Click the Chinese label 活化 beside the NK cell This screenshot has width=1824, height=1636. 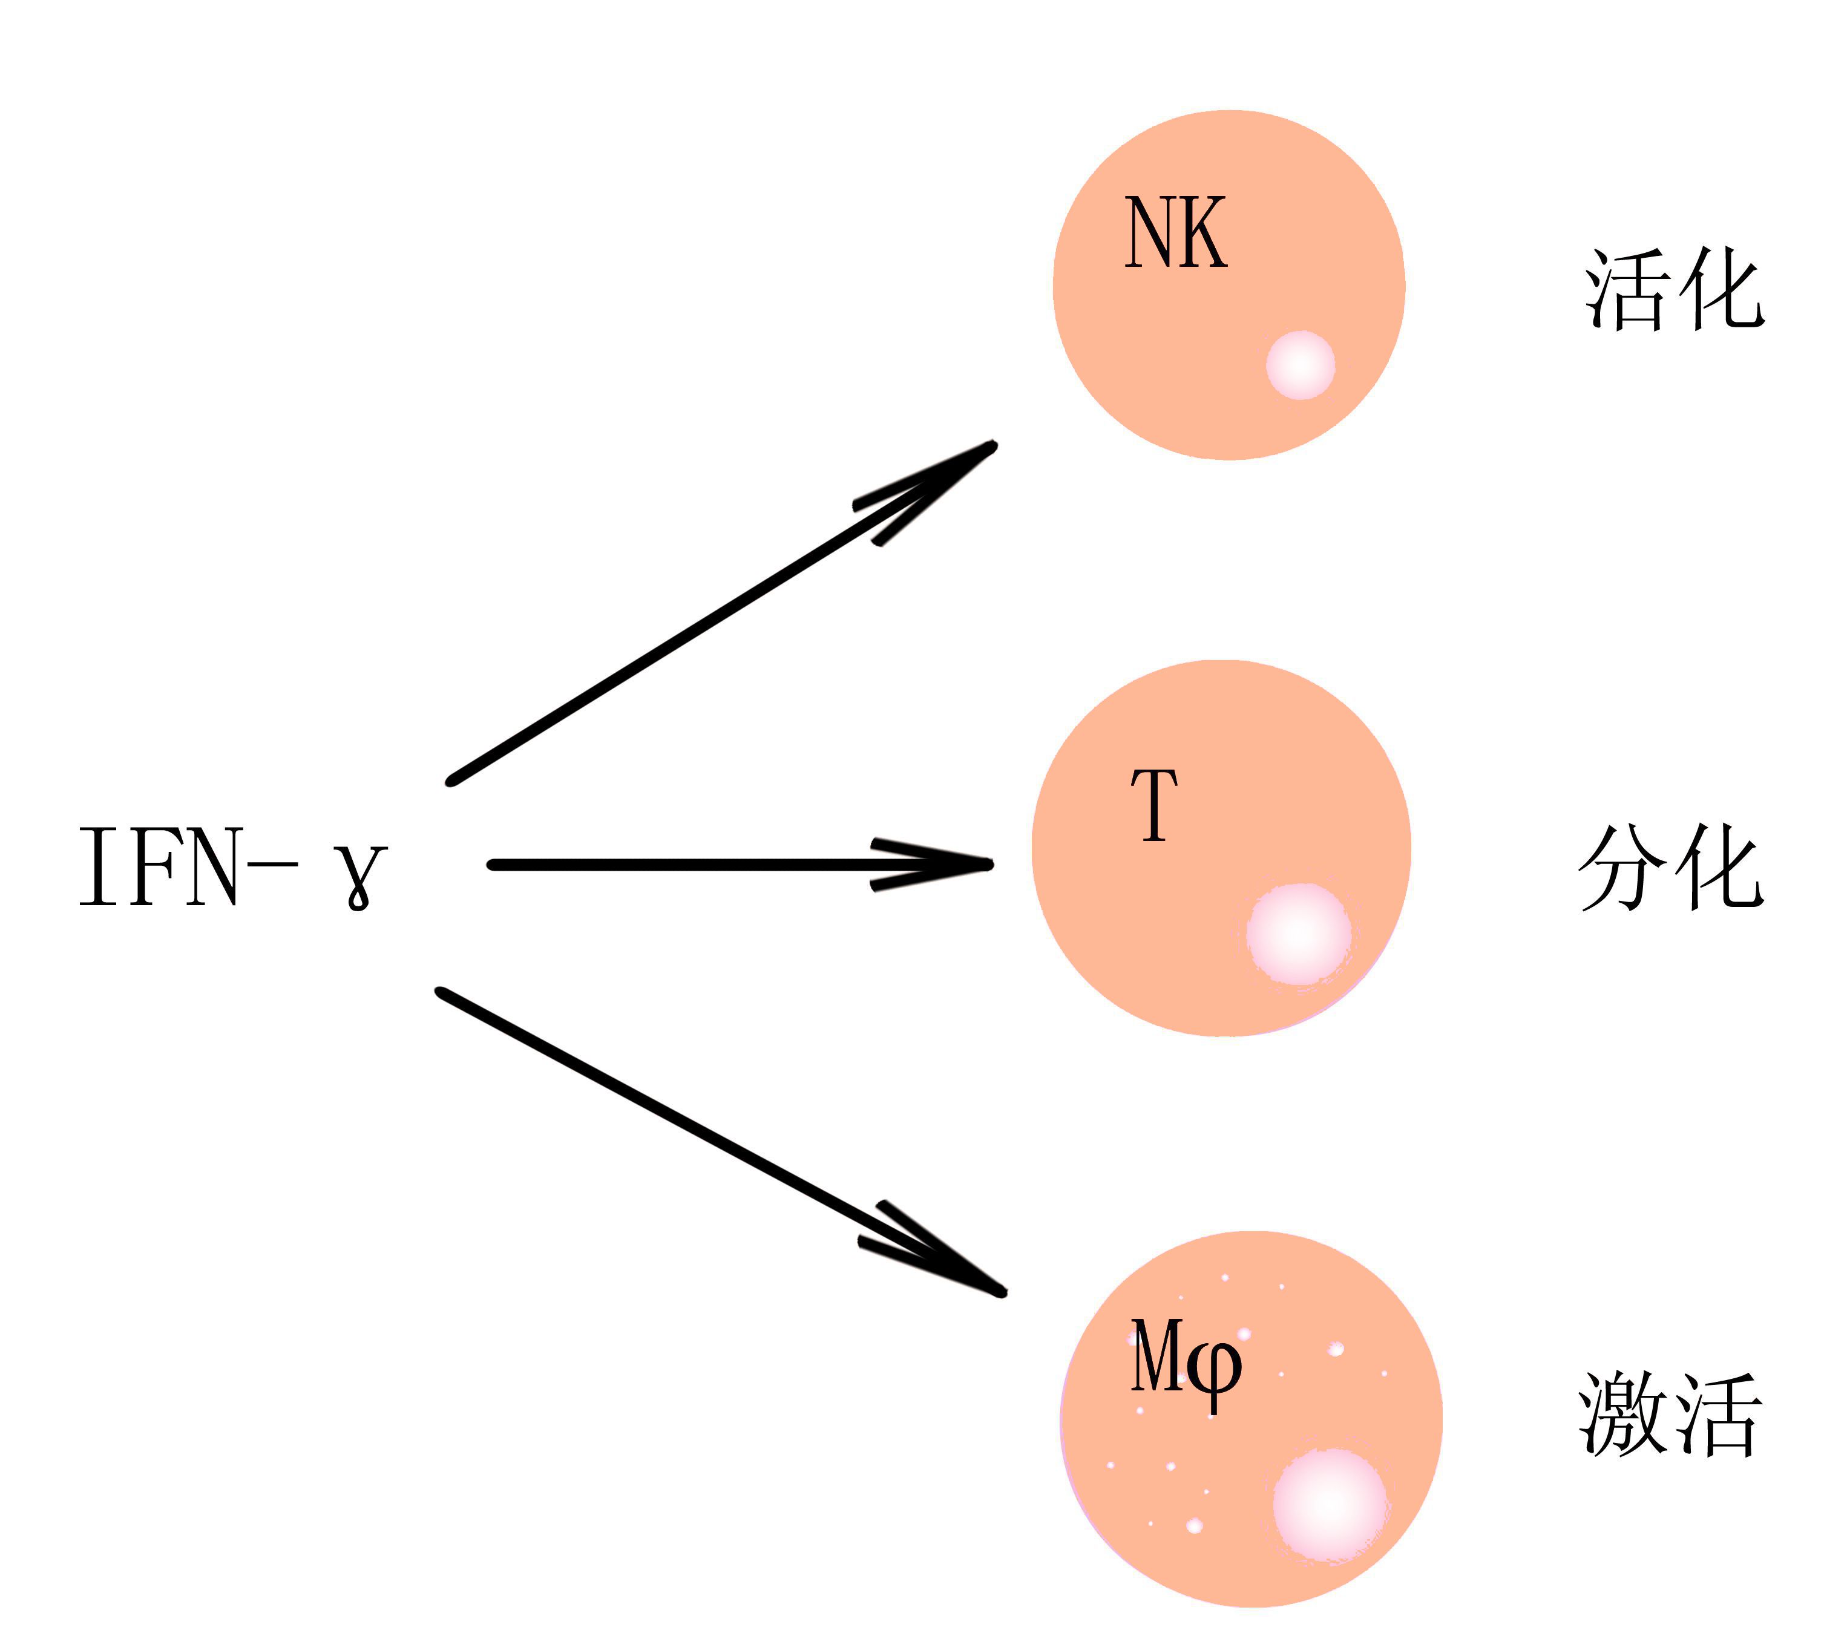coord(1674,289)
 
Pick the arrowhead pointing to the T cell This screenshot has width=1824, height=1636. coord(953,865)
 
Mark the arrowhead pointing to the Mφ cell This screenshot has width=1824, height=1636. coord(962,1269)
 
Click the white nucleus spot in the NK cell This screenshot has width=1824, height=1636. coord(1300,365)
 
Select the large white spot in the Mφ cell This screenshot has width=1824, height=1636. coord(1330,1503)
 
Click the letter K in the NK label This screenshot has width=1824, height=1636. coord(1204,233)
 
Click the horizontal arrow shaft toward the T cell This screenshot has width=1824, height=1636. coord(683,865)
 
